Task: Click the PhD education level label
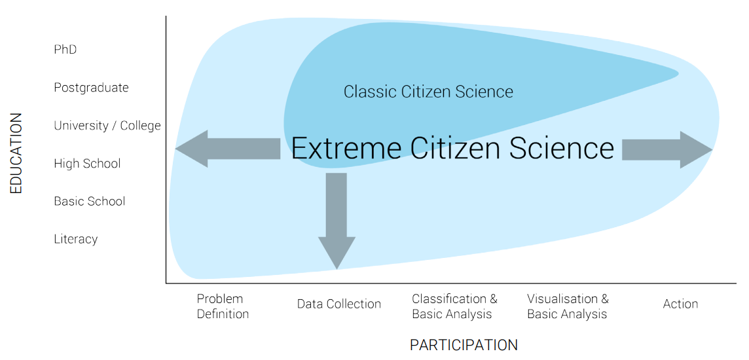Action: click(65, 50)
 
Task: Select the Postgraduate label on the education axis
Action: click(91, 88)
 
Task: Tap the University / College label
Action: click(107, 126)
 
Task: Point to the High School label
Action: click(87, 164)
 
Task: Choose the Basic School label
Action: click(89, 202)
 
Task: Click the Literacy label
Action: click(75, 240)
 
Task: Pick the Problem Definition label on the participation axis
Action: click(223, 306)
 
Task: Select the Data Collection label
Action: click(338, 304)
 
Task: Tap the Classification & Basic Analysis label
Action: click(454, 306)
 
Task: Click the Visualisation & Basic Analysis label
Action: click(568, 306)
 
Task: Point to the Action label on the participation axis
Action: click(680, 304)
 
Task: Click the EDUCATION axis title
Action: click(16, 153)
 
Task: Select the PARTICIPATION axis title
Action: click(464, 345)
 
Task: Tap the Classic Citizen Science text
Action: click(428, 92)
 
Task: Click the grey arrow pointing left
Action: click(226, 149)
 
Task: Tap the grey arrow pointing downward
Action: click(337, 219)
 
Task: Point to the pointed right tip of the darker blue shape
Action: click(676, 74)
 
